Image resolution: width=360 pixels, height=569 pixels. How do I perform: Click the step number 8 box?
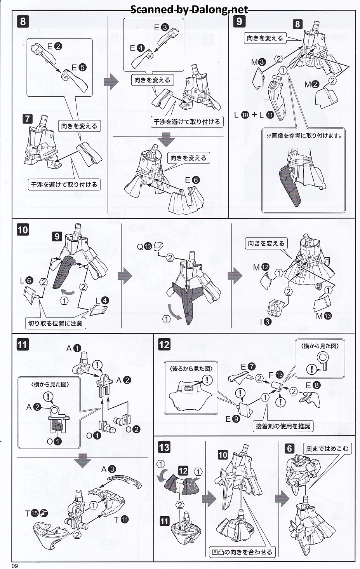click(x=23, y=21)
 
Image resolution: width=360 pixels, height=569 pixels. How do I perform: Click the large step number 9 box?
click(x=239, y=21)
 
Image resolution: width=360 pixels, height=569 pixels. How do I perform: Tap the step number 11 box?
click(x=22, y=345)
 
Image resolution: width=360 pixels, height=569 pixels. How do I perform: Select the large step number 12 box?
click(x=164, y=345)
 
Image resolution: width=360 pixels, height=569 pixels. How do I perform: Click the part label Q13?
click(x=144, y=246)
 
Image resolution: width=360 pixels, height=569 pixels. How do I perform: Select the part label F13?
click(x=276, y=375)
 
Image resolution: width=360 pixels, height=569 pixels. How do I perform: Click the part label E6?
click(x=192, y=180)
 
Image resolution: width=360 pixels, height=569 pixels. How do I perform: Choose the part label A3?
click(x=108, y=469)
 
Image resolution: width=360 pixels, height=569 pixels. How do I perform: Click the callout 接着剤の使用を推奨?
click(x=283, y=426)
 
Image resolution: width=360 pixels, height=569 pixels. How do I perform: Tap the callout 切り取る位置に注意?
click(x=55, y=323)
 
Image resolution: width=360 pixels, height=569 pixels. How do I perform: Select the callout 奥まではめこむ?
click(x=327, y=449)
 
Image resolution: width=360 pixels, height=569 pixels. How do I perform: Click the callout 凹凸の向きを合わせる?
click(x=242, y=552)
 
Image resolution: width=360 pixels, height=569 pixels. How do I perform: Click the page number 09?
click(x=15, y=566)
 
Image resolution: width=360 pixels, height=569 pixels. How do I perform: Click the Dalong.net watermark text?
click(x=189, y=10)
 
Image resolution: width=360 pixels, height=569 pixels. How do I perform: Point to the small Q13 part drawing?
click(x=158, y=246)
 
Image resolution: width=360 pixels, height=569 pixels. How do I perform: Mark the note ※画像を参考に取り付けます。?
click(x=304, y=136)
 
